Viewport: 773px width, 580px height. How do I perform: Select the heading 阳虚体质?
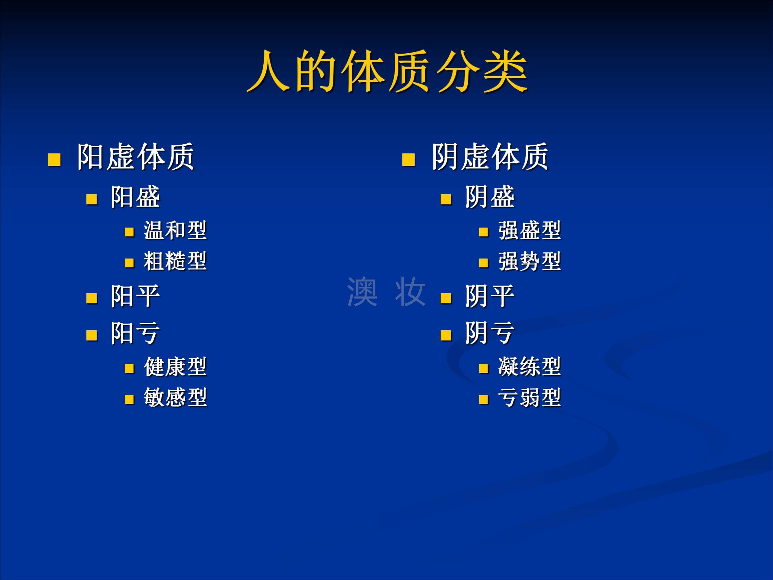135,157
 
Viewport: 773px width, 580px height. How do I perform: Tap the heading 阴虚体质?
490,157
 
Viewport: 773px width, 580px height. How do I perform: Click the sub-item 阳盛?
135,197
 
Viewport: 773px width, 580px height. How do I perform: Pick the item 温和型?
175,230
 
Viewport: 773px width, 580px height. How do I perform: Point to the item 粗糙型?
175,261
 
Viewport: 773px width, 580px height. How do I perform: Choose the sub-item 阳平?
135,296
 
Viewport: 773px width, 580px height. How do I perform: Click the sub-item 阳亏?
135,333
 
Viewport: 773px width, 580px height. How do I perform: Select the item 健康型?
175,367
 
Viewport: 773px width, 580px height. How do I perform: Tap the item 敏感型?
175,397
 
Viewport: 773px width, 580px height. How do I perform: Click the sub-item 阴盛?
490,197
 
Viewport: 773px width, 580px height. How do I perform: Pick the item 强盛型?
530,230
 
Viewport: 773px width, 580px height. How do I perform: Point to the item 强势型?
530,261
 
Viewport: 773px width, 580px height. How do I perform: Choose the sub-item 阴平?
490,296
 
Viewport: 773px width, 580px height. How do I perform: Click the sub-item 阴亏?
490,333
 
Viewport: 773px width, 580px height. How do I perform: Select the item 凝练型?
530,367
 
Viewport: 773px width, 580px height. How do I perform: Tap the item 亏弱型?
530,397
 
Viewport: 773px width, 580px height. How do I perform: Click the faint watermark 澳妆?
386,292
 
